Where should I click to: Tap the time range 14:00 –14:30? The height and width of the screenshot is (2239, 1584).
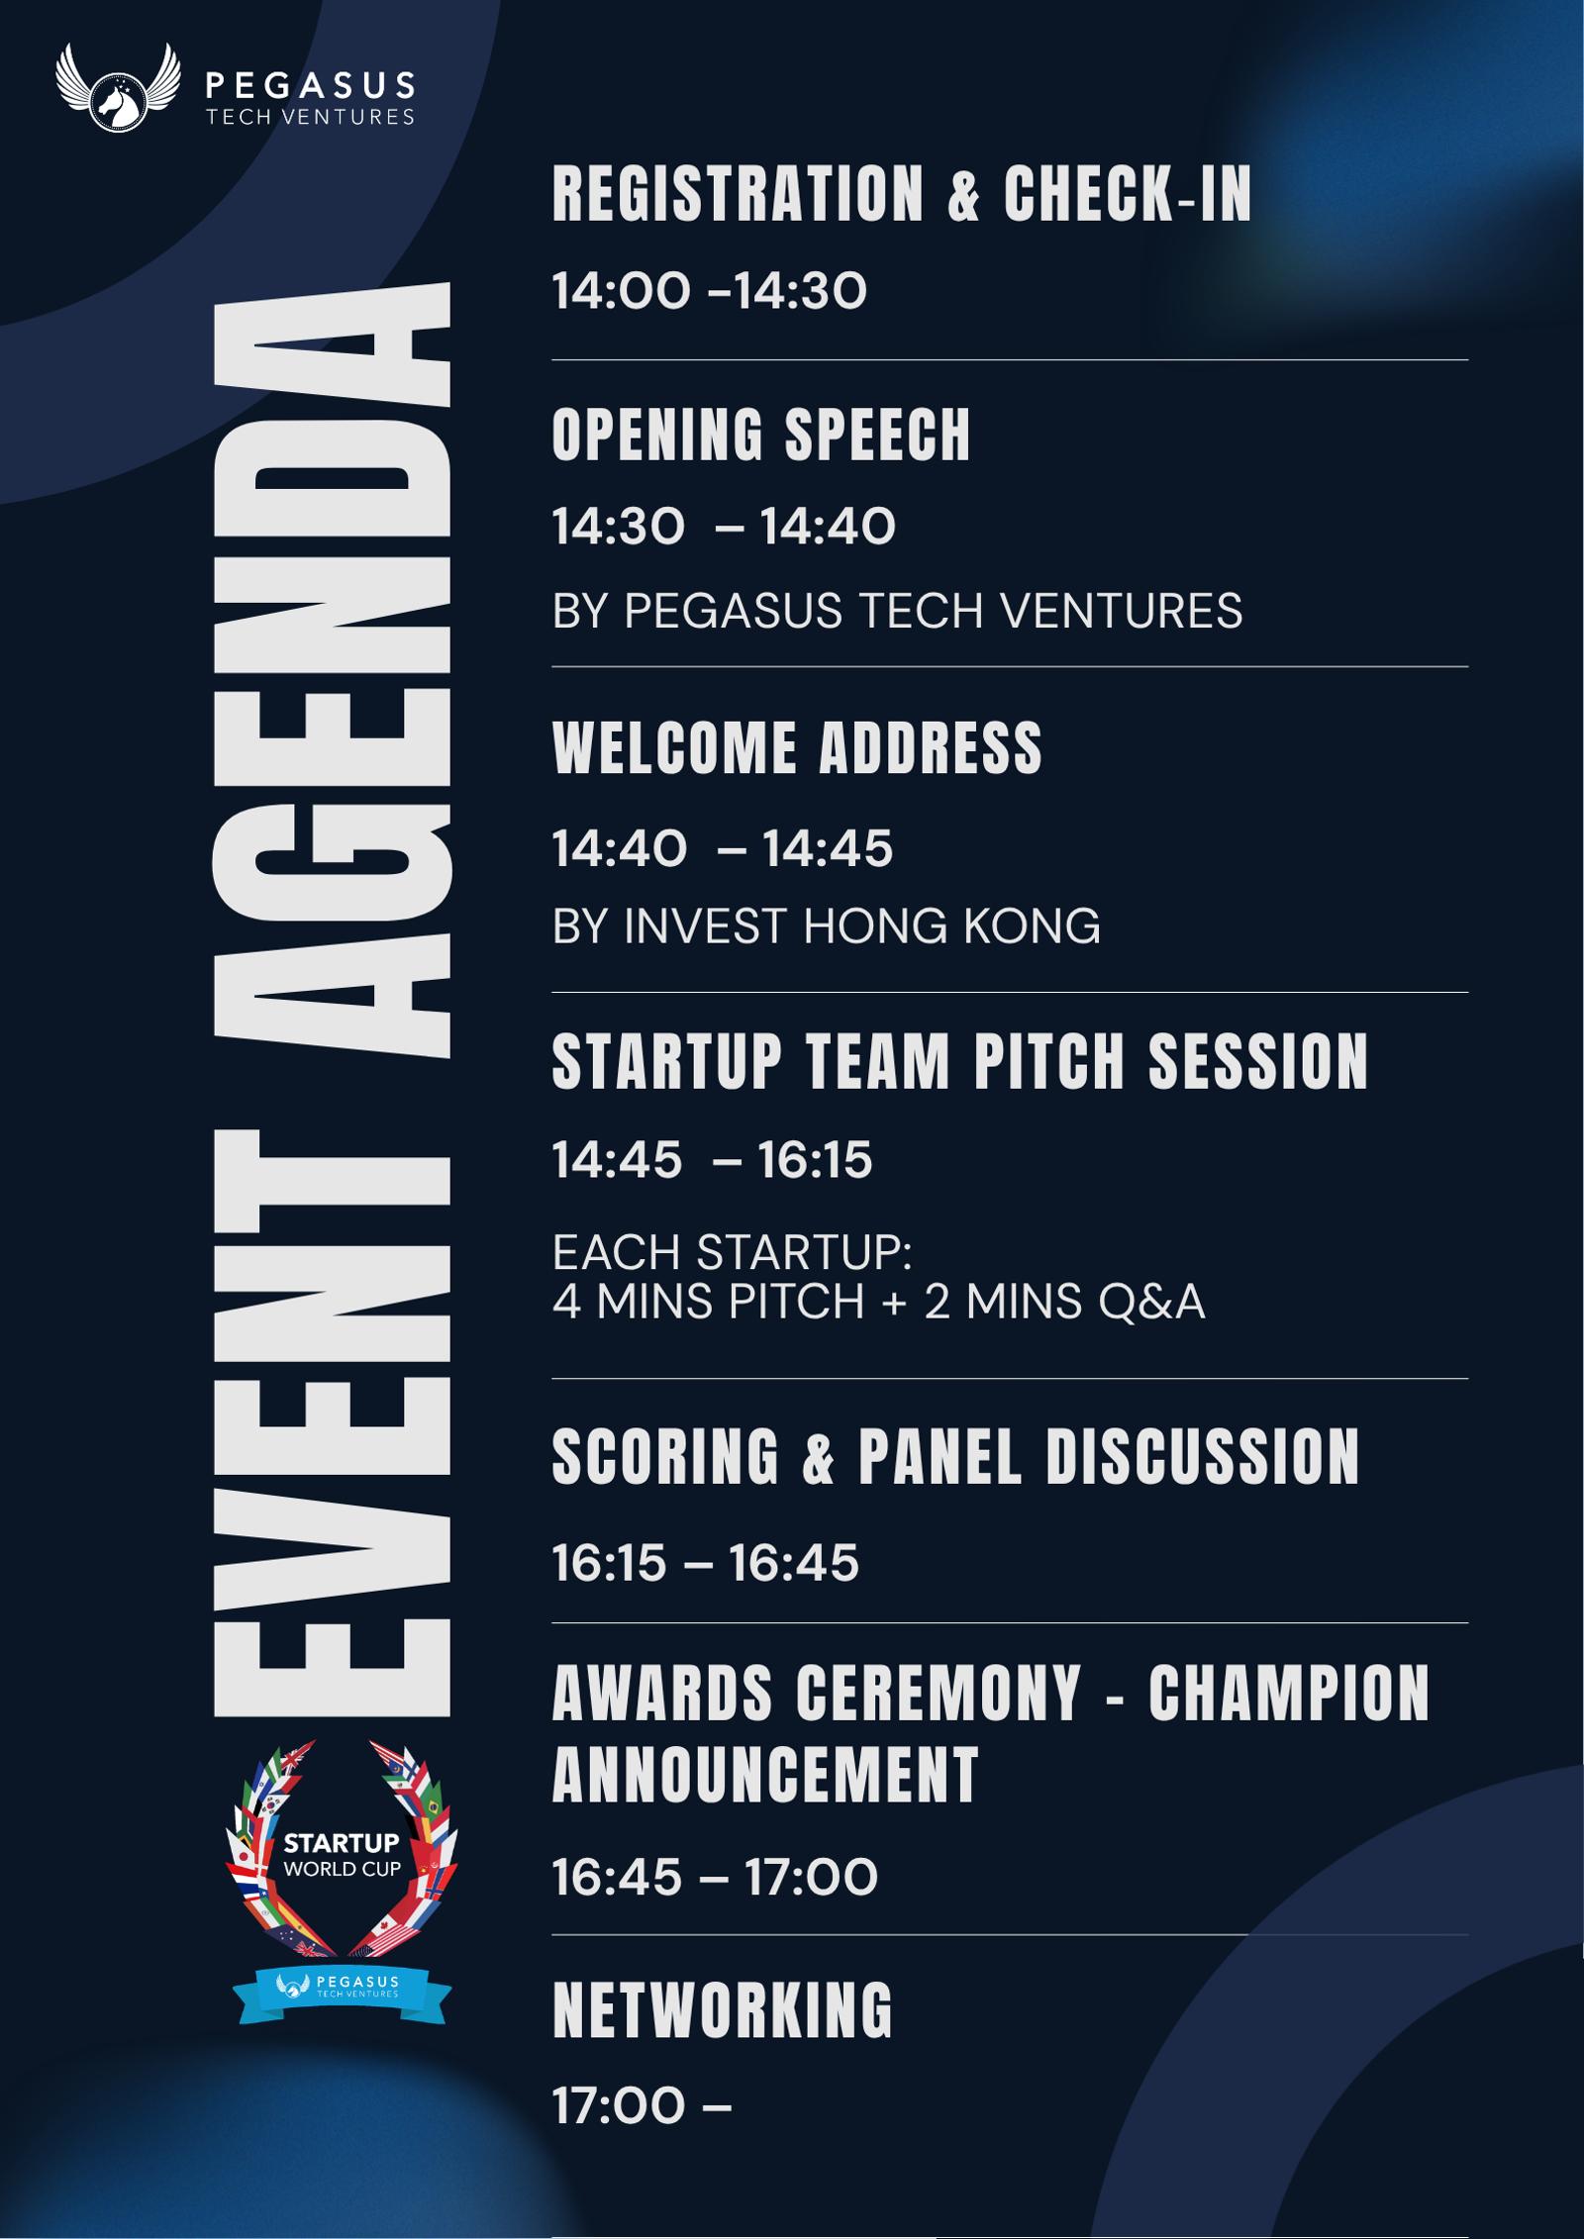coord(709,291)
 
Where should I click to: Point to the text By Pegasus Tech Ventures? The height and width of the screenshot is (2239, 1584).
coord(897,610)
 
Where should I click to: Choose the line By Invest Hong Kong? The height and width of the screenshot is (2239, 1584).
coord(826,926)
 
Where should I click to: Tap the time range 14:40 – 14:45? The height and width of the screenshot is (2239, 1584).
coord(723,848)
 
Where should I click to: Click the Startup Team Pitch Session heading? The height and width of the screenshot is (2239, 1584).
coord(960,1062)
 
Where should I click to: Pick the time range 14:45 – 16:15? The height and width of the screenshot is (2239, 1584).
coord(712,1159)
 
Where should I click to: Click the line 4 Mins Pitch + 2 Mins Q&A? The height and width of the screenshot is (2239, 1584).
coord(878,1302)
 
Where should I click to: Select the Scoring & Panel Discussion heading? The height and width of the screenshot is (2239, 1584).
coord(955,1456)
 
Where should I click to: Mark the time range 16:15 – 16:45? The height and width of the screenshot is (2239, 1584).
coord(705,1563)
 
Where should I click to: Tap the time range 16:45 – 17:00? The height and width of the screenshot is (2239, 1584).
coord(715,1878)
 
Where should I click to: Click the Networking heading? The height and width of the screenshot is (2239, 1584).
coord(723,2010)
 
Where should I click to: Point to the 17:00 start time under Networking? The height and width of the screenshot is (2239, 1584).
coord(619,2106)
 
